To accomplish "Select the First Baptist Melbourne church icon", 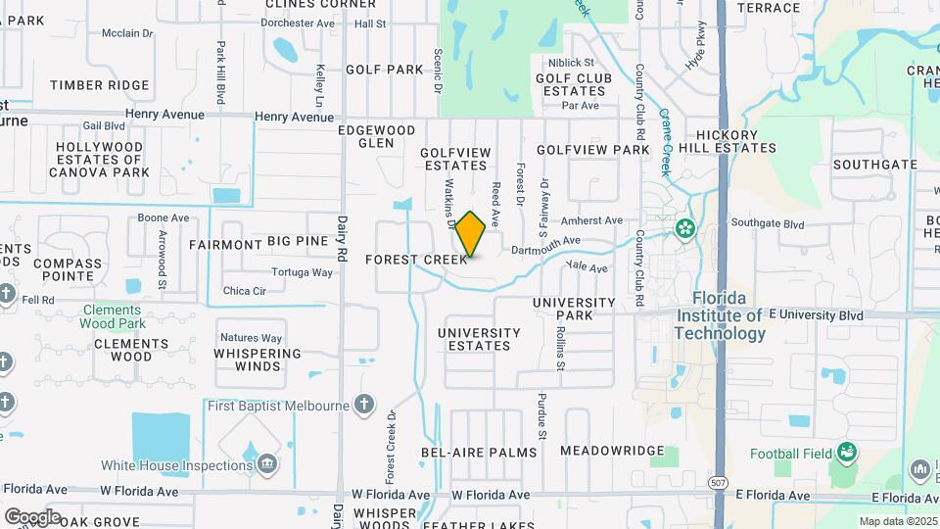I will (364, 405).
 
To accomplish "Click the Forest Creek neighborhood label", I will (416, 260).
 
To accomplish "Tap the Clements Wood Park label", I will (112, 316).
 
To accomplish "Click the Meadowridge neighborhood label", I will (612, 451).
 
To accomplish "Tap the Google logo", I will (32, 516).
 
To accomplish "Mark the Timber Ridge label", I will (99, 85).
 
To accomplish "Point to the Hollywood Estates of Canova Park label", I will (99, 160).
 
